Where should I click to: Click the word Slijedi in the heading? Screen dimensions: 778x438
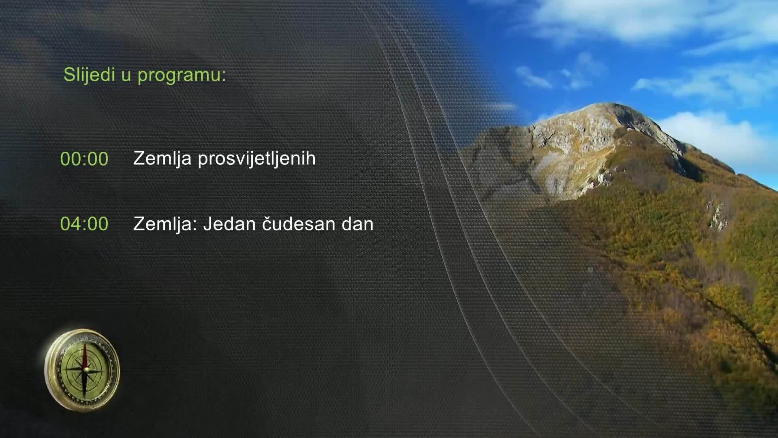point(89,75)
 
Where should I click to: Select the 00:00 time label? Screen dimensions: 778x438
point(84,159)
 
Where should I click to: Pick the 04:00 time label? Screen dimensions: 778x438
point(84,224)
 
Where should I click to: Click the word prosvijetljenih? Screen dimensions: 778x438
point(256,159)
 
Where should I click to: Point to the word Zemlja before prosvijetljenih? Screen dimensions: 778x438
point(162,159)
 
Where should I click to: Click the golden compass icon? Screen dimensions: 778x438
point(82,370)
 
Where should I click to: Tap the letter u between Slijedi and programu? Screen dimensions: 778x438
point(126,77)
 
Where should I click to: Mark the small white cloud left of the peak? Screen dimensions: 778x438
point(534,77)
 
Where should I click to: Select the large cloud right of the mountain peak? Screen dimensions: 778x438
point(713,134)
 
